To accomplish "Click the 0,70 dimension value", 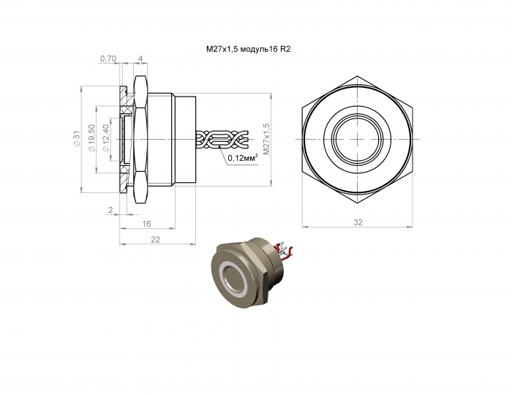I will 108,59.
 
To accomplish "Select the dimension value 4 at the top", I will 140,59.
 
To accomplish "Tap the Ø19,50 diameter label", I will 91,138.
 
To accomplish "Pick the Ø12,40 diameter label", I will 106,138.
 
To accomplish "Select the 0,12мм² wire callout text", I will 242,157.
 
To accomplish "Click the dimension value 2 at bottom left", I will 110,211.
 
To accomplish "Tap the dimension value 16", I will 146,225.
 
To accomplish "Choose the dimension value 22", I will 155,239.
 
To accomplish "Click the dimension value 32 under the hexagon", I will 358,221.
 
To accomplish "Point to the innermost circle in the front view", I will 358,138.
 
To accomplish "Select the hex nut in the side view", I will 141,139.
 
